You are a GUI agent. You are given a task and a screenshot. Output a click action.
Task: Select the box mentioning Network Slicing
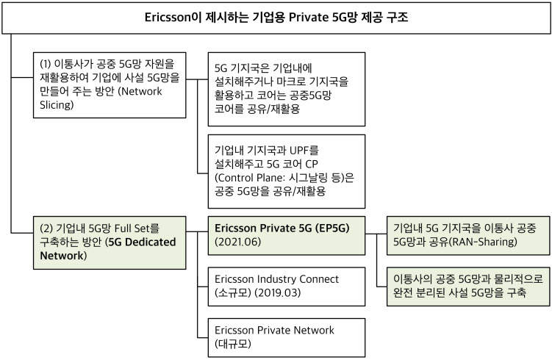[x=110, y=85]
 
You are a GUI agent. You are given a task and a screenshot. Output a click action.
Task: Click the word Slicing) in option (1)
[x=57, y=105]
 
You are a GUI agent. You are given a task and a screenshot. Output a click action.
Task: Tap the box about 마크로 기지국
[x=287, y=90]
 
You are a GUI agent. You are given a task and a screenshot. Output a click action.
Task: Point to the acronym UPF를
[x=304, y=151]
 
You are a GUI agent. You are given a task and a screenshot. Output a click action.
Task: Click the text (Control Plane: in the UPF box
[x=250, y=177]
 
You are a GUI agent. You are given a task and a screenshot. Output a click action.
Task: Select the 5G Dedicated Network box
[x=110, y=242]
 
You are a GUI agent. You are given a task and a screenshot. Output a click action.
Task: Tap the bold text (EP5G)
[x=332, y=228]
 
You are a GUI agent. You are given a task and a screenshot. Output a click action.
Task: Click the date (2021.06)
[x=238, y=242]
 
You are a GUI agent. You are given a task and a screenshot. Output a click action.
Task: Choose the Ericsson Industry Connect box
[x=287, y=287]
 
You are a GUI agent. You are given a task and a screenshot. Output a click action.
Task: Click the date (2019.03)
[x=277, y=293]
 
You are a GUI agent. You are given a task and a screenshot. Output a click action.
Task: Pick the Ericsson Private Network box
[x=287, y=337]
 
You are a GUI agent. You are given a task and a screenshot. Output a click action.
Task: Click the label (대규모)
[x=233, y=344]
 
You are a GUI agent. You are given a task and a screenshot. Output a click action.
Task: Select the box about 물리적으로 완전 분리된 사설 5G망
[x=468, y=287]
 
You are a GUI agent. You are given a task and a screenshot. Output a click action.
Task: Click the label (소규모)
[x=233, y=293]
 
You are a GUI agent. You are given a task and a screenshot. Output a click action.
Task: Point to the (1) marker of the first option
[x=46, y=64]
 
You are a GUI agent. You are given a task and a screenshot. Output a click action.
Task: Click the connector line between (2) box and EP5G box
[x=197, y=232]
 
